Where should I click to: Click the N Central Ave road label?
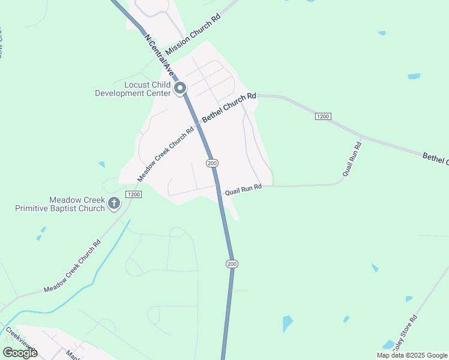point(160,54)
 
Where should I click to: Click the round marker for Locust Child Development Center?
point(180,89)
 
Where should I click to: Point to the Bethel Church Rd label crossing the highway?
point(229,108)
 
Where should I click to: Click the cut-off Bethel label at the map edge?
point(435,158)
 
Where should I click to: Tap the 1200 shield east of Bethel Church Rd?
point(323,116)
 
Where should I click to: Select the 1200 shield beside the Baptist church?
point(133,194)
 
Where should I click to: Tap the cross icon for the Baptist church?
point(114,204)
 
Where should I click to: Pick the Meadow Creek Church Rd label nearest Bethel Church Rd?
point(166,154)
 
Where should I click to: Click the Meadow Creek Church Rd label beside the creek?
point(72,268)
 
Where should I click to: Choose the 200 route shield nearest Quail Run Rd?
point(211,163)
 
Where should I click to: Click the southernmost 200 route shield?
point(232,264)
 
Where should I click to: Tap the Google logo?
point(20,352)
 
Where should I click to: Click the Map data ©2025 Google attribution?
point(412,355)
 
